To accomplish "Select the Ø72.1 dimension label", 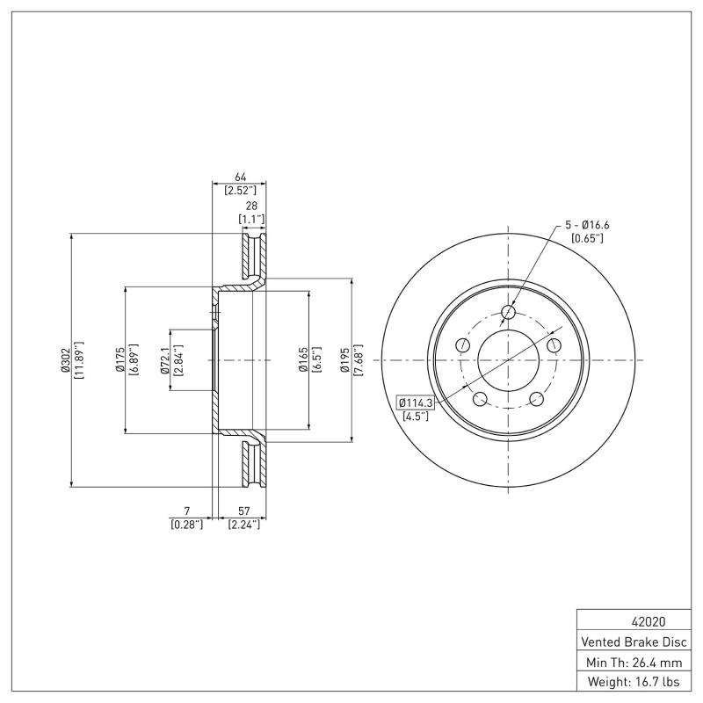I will pos(164,360).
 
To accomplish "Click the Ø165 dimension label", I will pos(301,360).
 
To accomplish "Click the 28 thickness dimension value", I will pos(251,206).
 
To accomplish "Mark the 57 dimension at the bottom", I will pos(244,511).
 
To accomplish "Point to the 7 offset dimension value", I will pos(186,511).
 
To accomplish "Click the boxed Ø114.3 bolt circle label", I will pos(416,402).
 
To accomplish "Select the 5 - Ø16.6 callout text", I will pos(587,226).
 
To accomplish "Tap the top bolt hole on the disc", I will pos(508,312).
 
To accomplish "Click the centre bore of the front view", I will pos(508,360).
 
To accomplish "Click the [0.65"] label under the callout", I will pos(587,239).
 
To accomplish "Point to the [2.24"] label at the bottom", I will pos(244,524).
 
